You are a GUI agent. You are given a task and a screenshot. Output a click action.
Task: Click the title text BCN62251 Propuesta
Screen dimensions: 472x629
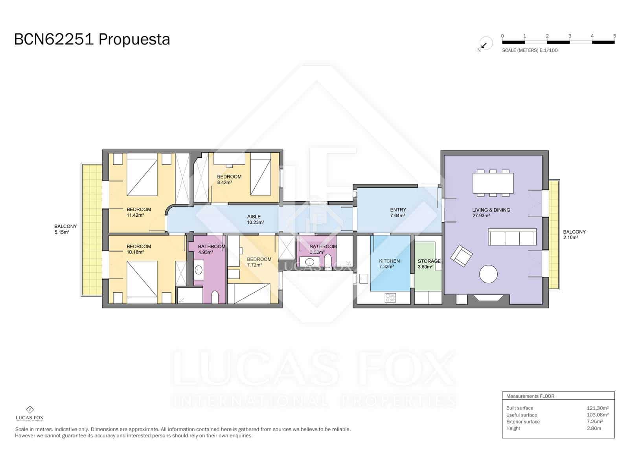click(x=92, y=40)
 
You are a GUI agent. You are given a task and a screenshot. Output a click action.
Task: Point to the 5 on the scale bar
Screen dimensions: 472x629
click(x=614, y=36)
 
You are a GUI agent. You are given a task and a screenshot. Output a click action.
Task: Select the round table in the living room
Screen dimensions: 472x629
click(x=489, y=274)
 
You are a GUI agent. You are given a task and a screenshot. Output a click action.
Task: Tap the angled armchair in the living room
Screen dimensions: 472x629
click(x=462, y=256)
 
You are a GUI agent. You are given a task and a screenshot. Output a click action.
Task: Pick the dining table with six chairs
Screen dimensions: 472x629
click(x=493, y=183)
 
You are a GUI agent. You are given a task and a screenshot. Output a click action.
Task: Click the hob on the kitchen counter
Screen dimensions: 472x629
click(x=391, y=298)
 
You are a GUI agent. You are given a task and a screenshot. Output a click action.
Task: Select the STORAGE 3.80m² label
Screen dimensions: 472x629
click(x=429, y=264)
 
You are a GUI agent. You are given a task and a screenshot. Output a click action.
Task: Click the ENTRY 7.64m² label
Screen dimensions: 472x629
click(x=398, y=212)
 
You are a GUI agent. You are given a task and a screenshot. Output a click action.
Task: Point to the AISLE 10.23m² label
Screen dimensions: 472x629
click(x=254, y=219)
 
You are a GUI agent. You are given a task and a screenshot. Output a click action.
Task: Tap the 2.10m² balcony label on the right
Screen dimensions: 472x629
click(x=574, y=234)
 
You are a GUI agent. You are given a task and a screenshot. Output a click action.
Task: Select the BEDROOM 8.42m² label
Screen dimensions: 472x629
click(x=229, y=179)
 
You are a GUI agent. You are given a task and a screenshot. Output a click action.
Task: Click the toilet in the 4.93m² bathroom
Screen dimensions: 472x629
click(x=215, y=297)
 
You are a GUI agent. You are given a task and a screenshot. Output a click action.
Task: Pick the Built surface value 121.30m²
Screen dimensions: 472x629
click(x=597, y=408)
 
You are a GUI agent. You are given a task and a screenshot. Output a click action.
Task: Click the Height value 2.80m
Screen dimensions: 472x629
click(x=594, y=428)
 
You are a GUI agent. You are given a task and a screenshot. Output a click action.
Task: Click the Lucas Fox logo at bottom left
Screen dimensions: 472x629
click(x=29, y=413)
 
